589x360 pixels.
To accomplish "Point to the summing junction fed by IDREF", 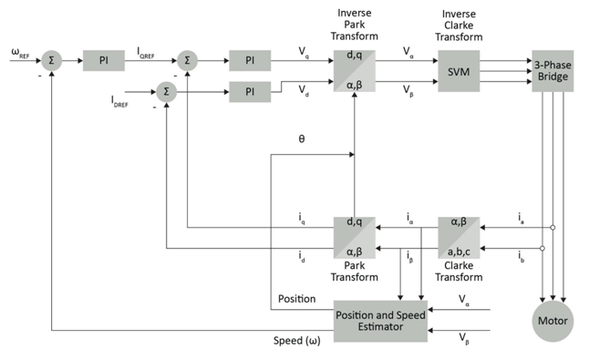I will pos(165,91).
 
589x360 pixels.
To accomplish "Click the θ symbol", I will pos(302,139).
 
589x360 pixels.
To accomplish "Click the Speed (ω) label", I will pos(296,341).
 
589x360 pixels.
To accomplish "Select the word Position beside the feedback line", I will pos(296,298).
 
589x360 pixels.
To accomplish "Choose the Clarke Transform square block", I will pos(458,236).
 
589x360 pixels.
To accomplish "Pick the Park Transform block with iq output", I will pos(356,236).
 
